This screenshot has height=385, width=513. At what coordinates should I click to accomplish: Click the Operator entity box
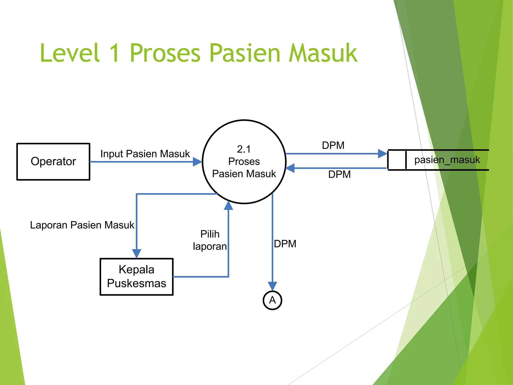click(53, 161)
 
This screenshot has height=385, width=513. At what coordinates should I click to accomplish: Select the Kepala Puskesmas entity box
click(137, 276)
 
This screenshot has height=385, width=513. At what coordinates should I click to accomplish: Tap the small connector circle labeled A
click(272, 300)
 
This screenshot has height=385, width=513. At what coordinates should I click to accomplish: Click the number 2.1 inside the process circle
click(244, 149)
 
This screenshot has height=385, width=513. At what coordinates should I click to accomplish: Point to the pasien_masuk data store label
click(447, 160)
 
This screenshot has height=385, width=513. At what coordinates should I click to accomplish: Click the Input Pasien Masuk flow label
click(145, 154)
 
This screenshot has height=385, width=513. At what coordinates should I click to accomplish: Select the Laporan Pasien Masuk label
click(82, 225)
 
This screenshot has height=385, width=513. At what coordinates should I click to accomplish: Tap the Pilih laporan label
click(210, 240)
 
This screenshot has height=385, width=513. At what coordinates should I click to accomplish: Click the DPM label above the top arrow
click(333, 145)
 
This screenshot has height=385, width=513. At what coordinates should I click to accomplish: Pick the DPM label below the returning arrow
click(339, 174)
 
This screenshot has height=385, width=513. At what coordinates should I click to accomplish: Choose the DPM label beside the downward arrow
click(285, 244)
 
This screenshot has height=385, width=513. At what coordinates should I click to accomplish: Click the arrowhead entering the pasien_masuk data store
click(382, 154)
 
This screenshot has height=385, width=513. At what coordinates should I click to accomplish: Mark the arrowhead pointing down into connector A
click(272, 286)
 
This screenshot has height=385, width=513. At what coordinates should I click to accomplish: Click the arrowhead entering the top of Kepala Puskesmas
click(137, 253)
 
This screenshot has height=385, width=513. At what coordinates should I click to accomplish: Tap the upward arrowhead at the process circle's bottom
click(228, 206)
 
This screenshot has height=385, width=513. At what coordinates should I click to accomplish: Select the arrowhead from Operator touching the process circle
click(197, 162)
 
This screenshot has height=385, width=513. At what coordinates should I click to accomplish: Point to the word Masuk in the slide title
click(323, 53)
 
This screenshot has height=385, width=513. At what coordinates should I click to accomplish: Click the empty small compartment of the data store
click(397, 160)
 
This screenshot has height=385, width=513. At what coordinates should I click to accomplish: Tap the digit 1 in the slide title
click(115, 53)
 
